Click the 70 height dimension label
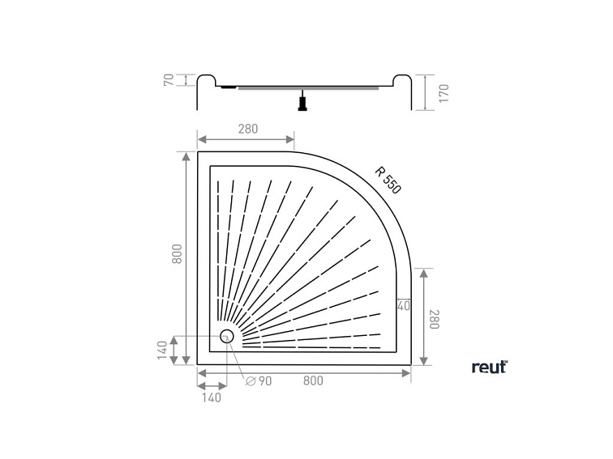[168, 79]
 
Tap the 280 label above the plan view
[248, 128]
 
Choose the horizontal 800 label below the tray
[313, 381]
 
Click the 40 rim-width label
[404, 305]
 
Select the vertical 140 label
[163, 351]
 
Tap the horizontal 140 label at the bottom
[211, 397]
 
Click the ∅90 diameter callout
[259, 381]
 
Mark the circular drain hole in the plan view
[227, 336]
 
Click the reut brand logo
[489, 367]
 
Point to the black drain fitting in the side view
[302, 103]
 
